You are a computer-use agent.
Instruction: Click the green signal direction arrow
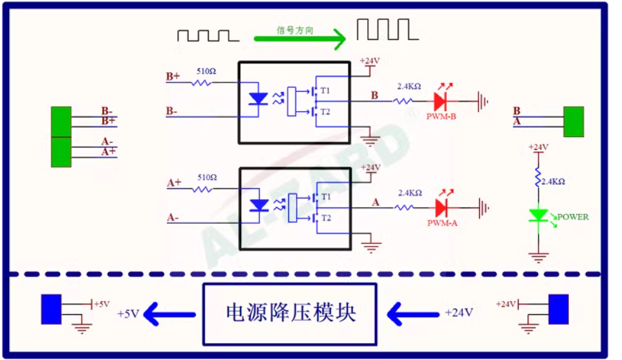pyautogui.click(x=301, y=39)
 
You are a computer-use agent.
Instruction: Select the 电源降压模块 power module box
pyautogui.click(x=290, y=313)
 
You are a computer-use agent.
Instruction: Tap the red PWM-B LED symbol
pyautogui.click(x=441, y=101)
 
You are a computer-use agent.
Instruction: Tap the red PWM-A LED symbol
pyautogui.click(x=442, y=207)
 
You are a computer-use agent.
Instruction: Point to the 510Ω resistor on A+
pyautogui.click(x=204, y=189)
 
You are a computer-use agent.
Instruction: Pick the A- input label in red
pyautogui.click(x=173, y=218)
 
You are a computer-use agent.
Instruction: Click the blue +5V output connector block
pyautogui.click(x=51, y=308)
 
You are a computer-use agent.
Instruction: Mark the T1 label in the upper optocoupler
pyautogui.click(x=325, y=89)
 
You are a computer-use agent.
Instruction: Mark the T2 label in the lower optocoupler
pyautogui.click(x=325, y=218)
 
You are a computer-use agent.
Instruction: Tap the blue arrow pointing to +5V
pyautogui.click(x=169, y=314)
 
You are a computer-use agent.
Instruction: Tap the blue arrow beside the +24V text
pyautogui.click(x=413, y=314)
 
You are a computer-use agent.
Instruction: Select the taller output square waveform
pyautogui.click(x=384, y=29)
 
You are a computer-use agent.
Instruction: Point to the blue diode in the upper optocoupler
pyautogui.click(x=259, y=100)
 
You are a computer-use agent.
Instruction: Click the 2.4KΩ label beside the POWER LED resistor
pyautogui.click(x=553, y=182)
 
